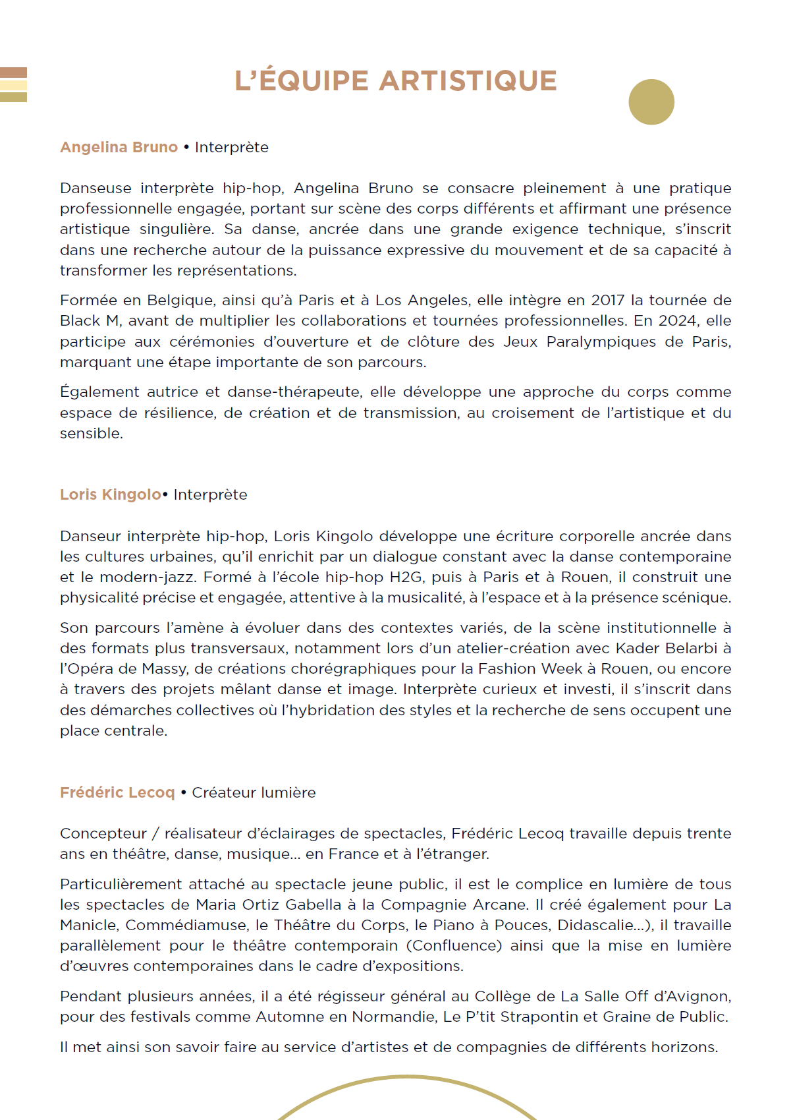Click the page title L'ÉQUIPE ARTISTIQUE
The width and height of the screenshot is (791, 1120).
coord(396,81)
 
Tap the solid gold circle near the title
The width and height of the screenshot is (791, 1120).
coord(651,102)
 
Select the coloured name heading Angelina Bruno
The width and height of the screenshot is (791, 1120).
coord(119,147)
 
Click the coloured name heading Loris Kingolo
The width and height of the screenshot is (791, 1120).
coord(110,494)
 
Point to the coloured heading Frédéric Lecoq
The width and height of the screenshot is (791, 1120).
coord(117,792)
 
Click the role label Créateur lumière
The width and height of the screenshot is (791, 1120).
coord(254,792)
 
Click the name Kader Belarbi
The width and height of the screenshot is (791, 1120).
coord(666,648)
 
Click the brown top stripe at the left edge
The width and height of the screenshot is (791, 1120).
coord(13,72)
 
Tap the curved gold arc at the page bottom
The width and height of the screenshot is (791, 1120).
coord(406,1078)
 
